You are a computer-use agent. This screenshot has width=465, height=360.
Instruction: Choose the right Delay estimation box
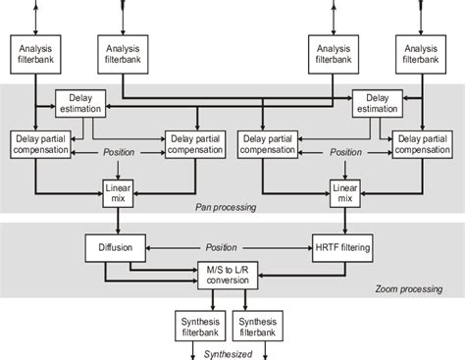click(377, 104)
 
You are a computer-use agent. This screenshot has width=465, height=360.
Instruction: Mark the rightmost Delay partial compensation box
click(424, 143)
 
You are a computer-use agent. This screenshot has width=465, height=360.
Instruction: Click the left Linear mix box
click(118, 190)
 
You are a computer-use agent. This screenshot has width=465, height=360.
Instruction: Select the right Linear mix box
click(344, 190)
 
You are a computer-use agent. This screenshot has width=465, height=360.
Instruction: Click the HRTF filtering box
click(343, 246)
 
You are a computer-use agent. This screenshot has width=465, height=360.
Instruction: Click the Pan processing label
click(226, 208)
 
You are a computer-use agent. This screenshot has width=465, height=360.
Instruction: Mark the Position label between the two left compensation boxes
click(118, 152)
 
